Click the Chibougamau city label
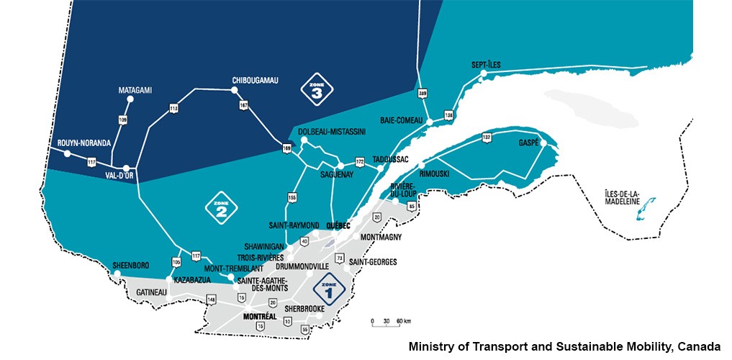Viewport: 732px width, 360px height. [x=255, y=80]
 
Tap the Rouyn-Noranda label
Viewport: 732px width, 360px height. [x=84, y=143]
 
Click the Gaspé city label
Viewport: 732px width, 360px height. [x=529, y=143]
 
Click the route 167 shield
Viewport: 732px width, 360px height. [x=243, y=105]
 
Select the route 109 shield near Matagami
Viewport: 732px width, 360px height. [x=122, y=119]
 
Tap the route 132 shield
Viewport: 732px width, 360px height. [x=486, y=136]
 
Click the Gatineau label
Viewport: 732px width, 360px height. [x=151, y=292]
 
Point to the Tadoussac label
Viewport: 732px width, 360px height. [x=391, y=159]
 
